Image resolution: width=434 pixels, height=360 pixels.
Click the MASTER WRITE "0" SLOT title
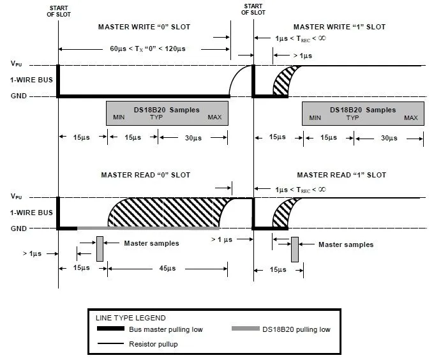pos(144,27)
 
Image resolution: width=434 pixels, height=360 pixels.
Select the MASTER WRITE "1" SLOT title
pos(339,27)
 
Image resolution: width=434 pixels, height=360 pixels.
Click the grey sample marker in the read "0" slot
pos(100,248)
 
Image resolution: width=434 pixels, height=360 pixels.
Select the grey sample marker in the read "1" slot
pos(295,250)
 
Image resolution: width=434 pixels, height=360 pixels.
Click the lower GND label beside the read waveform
pos(19,228)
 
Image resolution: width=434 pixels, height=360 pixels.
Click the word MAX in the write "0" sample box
pos(215,118)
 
